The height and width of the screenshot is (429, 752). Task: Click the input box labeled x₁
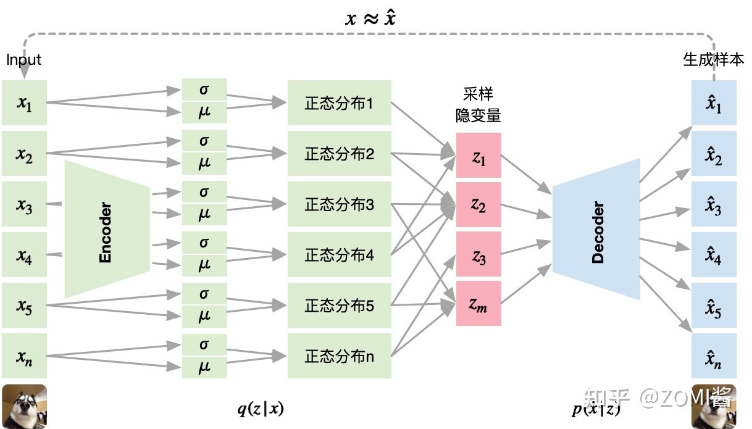(x=24, y=103)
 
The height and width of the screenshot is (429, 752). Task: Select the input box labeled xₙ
(x=24, y=356)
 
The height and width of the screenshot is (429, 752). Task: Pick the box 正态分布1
(x=339, y=103)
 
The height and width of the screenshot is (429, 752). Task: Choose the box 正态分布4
(x=339, y=254)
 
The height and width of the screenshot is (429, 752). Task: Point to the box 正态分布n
(x=339, y=356)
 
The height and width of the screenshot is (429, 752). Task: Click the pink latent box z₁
(x=478, y=157)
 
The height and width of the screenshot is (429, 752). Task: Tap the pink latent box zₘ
(x=478, y=303)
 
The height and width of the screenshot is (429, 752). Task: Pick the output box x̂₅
(x=714, y=306)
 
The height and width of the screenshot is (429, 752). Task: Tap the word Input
(x=23, y=60)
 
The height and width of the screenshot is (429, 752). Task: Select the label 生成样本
(x=714, y=60)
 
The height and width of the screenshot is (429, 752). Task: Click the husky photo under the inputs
(x=24, y=406)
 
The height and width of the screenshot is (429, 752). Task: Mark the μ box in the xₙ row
(x=204, y=368)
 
